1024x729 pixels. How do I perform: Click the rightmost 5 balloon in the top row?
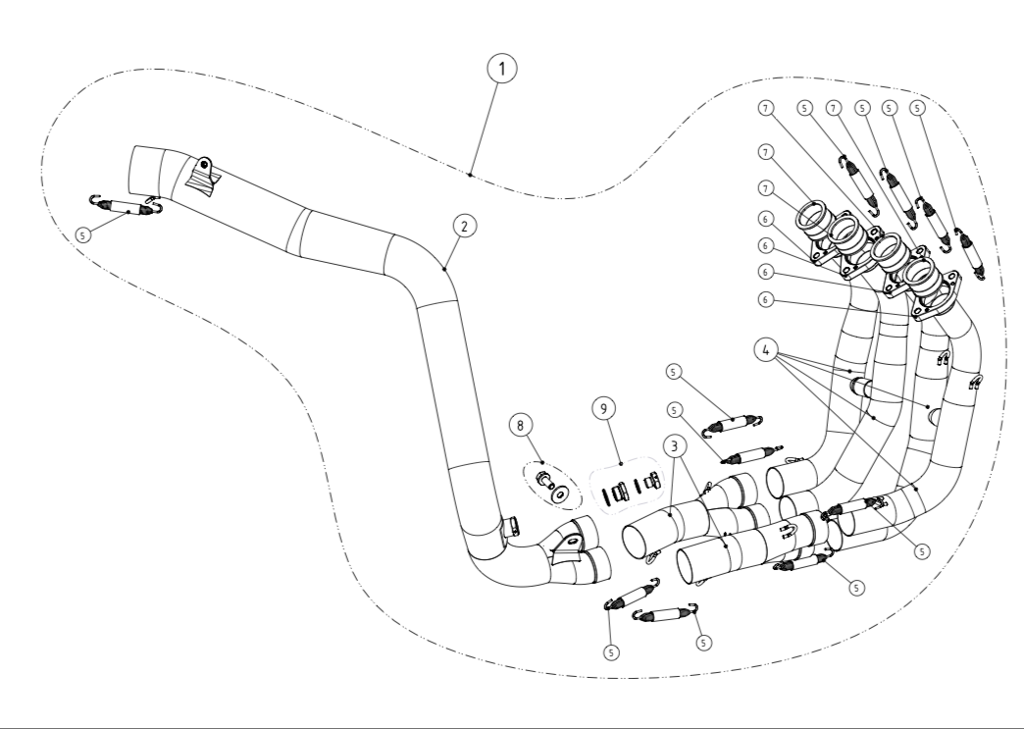(x=917, y=107)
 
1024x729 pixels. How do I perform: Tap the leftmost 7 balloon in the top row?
(x=764, y=107)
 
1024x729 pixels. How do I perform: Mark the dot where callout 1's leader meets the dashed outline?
(x=472, y=175)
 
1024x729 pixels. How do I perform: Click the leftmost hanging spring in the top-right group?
(x=861, y=183)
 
